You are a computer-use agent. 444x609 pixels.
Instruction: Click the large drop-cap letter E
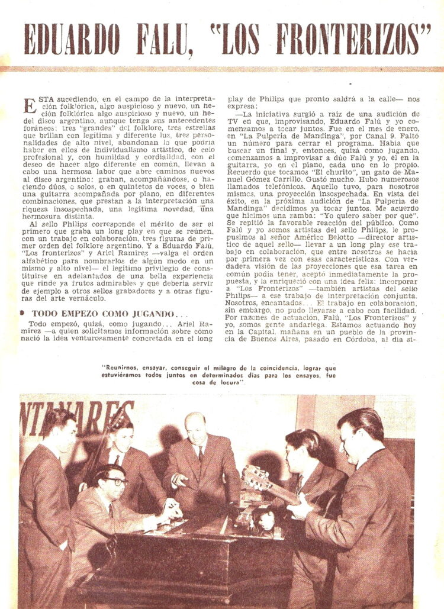(x=30, y=107)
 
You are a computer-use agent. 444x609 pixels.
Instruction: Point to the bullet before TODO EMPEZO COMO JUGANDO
(x=22, y=313)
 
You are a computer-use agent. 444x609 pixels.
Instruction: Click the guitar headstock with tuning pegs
(x=256, y=477)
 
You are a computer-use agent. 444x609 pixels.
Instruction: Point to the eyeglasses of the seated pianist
(x=115, y=481)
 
